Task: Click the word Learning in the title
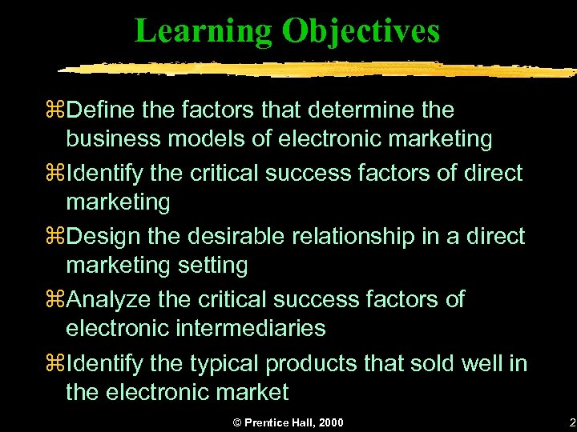(x=204, y=30)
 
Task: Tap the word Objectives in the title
(x=360, y=30)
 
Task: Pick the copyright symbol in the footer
(x=236, y=422)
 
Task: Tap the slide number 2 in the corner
(x=571, y=422)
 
